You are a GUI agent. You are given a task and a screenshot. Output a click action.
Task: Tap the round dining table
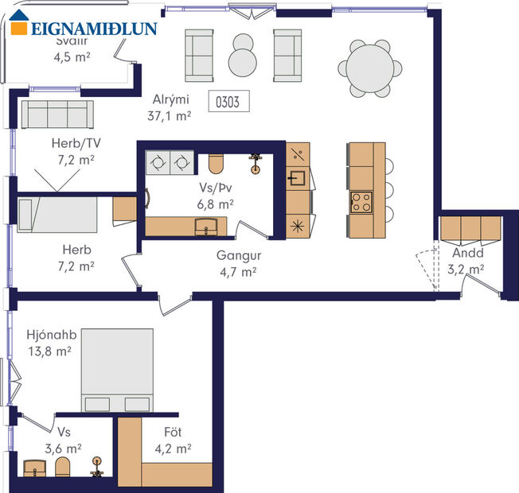(370, 68)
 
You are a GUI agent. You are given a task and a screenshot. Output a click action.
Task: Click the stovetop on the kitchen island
(361, 201)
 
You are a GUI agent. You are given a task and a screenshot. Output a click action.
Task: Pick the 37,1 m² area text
(170, 115)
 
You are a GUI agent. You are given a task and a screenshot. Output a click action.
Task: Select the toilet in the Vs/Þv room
(215, 162)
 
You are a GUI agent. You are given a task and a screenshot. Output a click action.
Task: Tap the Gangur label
(239, 256)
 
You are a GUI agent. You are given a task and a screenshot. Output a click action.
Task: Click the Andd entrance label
(465, 254)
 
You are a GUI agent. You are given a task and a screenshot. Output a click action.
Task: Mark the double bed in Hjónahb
(117, 370)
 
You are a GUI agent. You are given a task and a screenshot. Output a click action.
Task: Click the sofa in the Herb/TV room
(57, 115)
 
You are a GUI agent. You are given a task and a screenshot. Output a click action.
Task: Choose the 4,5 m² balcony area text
(70, 56)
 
